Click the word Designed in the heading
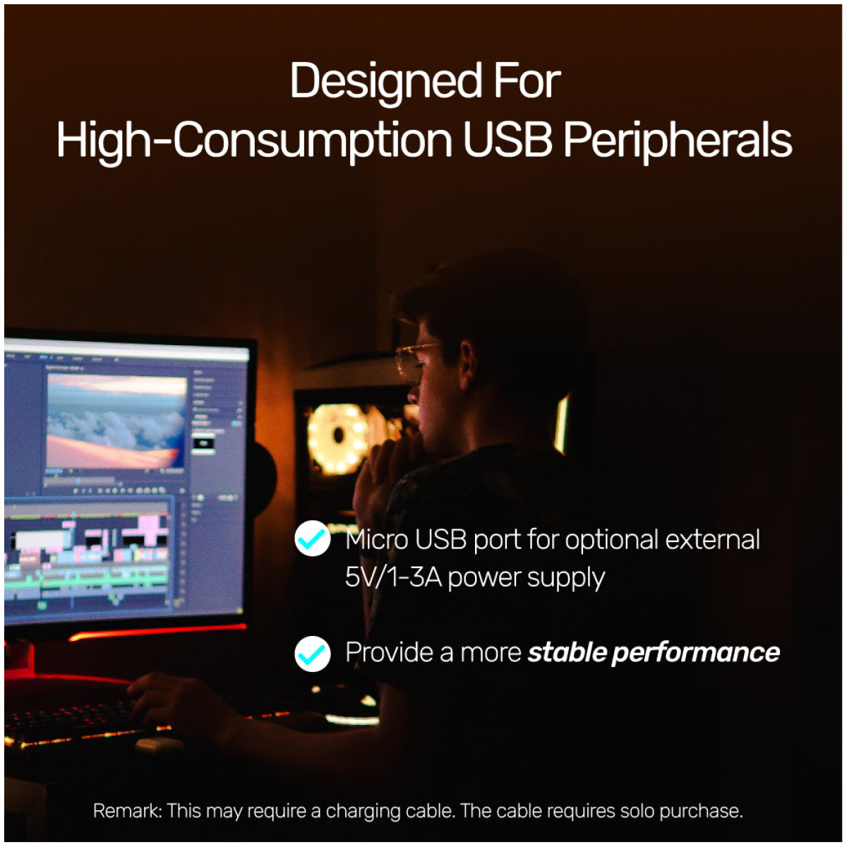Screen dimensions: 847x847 coord(386,82)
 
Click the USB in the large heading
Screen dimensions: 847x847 coord(507,140)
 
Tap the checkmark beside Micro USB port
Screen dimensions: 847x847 coord(312,538)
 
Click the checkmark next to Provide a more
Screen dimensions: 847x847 coord(312,654)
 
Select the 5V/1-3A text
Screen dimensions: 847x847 coord(393,577)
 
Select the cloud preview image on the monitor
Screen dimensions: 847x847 coord(116,421)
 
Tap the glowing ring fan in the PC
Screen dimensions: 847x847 coord(337,438)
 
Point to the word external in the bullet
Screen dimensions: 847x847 coord(712,539)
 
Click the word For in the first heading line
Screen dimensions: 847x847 coord(527,82)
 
